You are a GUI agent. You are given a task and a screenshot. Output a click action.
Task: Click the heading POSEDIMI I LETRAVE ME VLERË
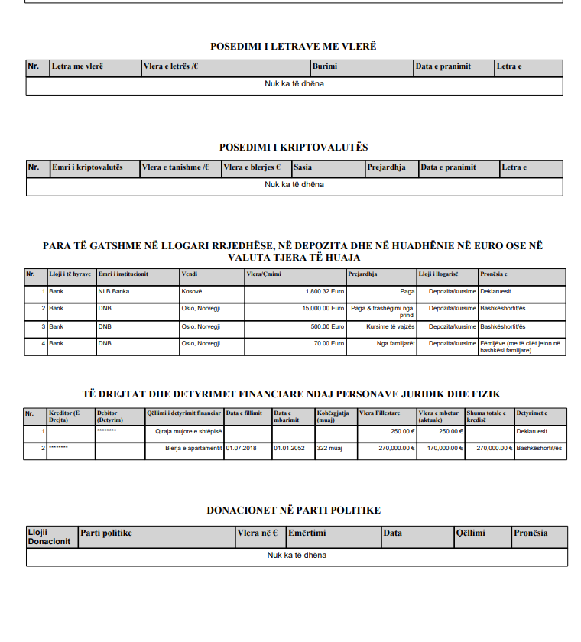click(294, 47)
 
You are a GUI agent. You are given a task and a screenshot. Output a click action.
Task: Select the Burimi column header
click(325, 67)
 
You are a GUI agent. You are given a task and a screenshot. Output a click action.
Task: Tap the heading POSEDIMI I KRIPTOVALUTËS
click(294, 147)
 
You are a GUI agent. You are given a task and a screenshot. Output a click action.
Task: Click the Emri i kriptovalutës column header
click(86, 167)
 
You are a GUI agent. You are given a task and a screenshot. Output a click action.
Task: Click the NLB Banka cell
click(114, 291)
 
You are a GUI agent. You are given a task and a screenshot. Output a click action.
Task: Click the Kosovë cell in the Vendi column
click(192, 291)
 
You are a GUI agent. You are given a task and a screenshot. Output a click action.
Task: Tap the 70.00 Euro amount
click(329, 343)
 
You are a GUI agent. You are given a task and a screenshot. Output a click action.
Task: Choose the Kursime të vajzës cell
click(390, 326)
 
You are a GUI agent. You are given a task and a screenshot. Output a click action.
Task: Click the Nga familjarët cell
click(395, 343)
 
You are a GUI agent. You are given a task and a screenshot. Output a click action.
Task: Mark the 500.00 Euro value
click(327, 326)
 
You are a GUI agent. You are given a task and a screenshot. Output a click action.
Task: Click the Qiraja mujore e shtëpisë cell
click(188, 432)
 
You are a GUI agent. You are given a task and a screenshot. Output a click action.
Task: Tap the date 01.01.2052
click(290, 448)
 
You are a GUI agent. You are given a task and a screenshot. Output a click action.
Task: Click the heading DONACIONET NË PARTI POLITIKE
click(294, 510)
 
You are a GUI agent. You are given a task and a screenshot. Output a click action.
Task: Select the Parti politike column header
click(107, 533)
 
